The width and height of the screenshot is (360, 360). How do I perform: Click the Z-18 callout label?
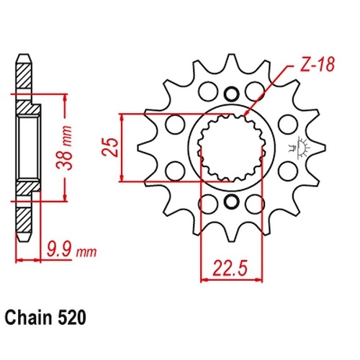click(x=318, y=65)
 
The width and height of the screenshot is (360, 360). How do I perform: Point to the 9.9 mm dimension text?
click(x=71, y=250)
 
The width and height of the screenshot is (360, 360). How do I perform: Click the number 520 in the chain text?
click(x=71, y=318)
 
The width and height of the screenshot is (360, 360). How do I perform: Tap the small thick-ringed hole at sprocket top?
click(x=232, y=94)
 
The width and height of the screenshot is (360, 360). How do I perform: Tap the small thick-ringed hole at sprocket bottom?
click(x=232, y=202)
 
